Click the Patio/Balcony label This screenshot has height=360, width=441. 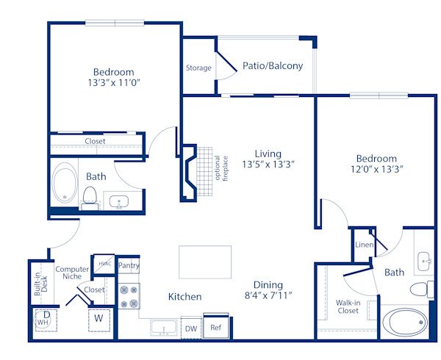click(273, 66)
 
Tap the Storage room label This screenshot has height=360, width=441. click(198, 68)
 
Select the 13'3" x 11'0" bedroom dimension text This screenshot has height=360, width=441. click(113, 84)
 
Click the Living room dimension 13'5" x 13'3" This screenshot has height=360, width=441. click(268, 165)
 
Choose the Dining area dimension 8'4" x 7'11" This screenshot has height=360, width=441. click(268, 296)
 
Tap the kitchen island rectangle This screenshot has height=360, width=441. click(205, 262)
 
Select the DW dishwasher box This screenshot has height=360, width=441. click(190, 328)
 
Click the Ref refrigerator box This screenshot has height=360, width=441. click(216, 327)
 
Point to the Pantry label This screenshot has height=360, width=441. click(129, 266)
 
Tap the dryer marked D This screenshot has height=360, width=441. click(45, 315)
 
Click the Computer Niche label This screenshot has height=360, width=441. click(72, 273)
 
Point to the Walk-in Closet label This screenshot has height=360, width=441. click(348, 306)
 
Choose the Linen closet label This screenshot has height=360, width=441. click(363, 245)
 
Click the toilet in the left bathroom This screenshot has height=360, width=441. click(90, 196)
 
